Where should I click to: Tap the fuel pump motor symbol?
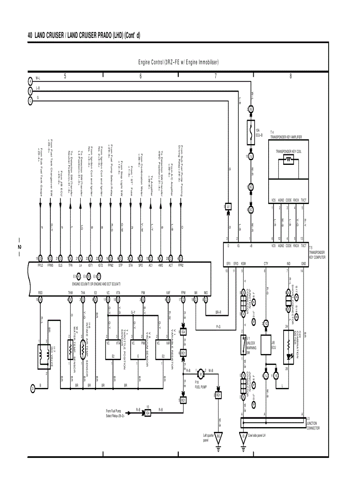coord(200,373)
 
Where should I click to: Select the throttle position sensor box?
coord(113,350)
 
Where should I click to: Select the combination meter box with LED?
coord(289,346)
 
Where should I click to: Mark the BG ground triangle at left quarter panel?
coord(219,438)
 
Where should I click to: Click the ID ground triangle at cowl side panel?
coord(243,438)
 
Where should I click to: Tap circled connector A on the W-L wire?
coord(30,82)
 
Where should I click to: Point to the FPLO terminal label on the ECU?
coord(41,266)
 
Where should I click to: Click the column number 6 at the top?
coord(140,76)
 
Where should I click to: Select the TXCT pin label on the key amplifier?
coord(304,200)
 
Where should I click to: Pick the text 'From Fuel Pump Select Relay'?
coord(115,413)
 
